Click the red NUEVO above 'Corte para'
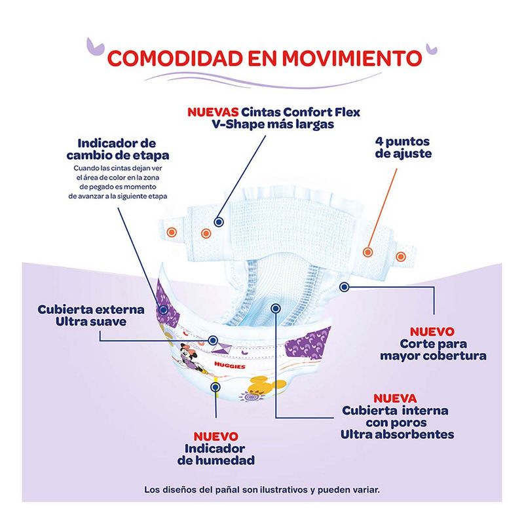432,331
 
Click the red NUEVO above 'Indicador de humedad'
215,436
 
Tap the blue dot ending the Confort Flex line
219,223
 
